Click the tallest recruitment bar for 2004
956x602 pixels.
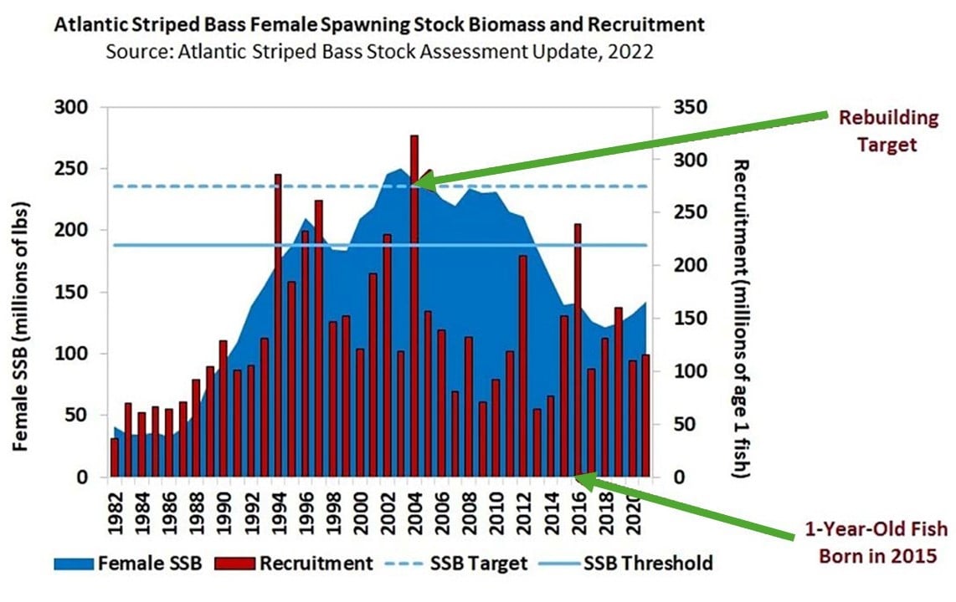(x=414, y=318)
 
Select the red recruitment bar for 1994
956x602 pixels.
(x=278, y=334)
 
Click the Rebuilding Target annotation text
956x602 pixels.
(x=877, y=131)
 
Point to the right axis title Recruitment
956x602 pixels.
(x=740, y=318)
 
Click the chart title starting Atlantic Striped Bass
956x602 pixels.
(x=379, y=25)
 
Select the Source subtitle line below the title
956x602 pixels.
(x=379, y=51)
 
